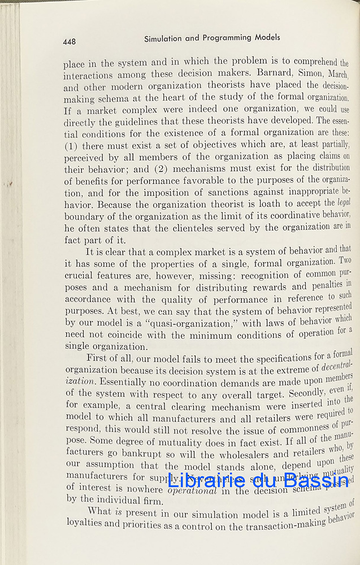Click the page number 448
70,41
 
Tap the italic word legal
344,202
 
